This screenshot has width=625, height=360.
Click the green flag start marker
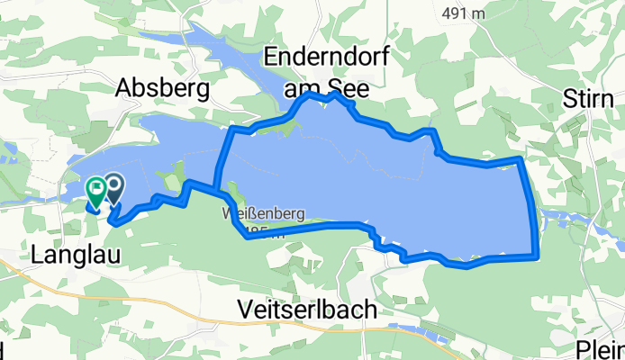coord(96,190)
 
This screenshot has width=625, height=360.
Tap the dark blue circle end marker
coord(115,187)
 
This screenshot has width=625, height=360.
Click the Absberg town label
coord(163,88)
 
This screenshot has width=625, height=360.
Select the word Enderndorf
coord(327,58)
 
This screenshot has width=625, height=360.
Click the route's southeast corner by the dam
coord(537,256)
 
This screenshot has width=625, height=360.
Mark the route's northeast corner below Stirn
coord(521,159)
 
